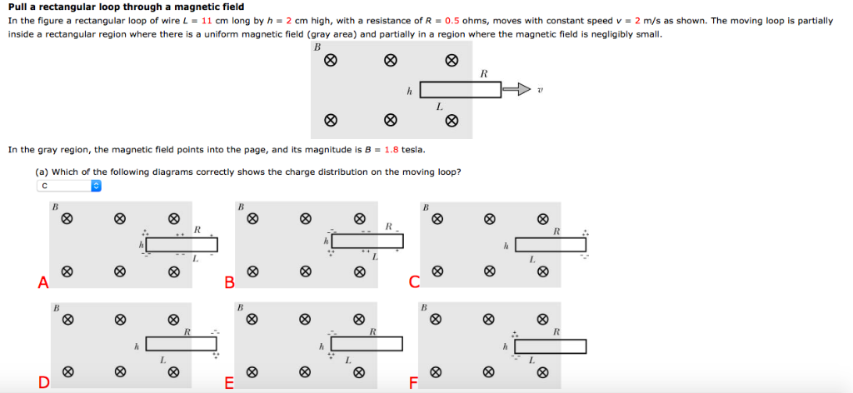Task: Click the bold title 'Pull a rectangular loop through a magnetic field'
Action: click(126, 7)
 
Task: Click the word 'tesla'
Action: click(413, 150)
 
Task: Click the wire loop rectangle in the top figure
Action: click(460, 90)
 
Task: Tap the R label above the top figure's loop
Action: click(484, 74)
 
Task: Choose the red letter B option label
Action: click(229, 284)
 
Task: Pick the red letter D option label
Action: click(42, 383)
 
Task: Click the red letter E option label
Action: click(229, 383)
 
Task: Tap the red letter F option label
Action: click(414, 383)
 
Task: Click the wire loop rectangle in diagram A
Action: click(182, 245)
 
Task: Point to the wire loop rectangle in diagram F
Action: click(551, 346)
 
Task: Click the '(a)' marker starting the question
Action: click(42, 172)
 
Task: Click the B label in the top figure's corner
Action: click(317, 47)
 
